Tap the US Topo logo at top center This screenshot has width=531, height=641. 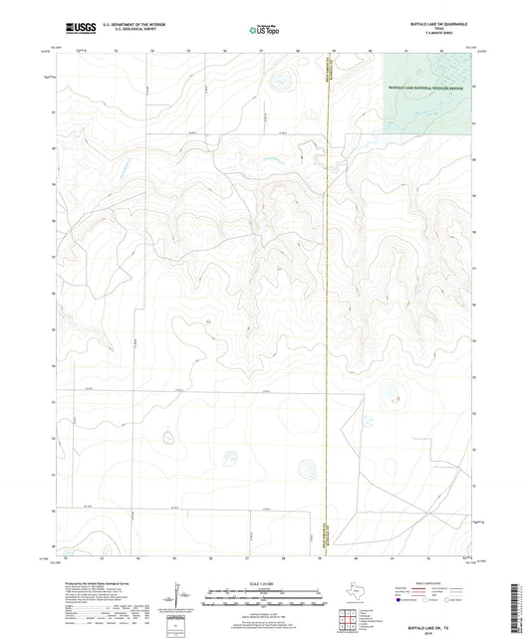[263, 31]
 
